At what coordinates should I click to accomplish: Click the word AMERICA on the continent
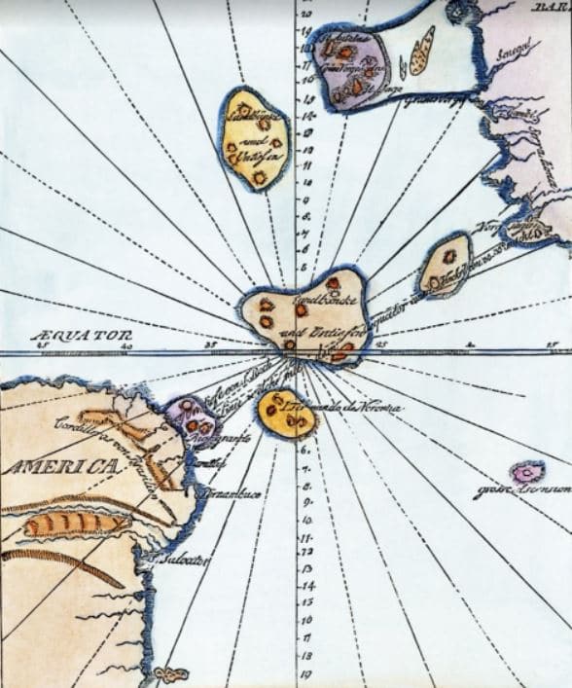(x=57, y=468)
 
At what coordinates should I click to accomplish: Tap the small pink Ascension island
(x=527, y=471)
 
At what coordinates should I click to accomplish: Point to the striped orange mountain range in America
(x=73, y=525)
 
